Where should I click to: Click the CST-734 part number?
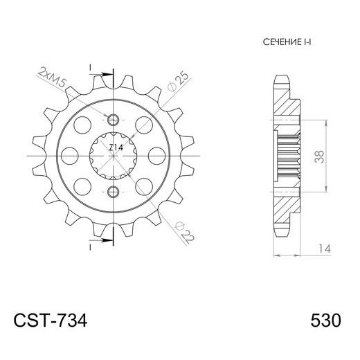tap(51, 321)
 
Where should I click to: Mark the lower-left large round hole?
tap(82, 184)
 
